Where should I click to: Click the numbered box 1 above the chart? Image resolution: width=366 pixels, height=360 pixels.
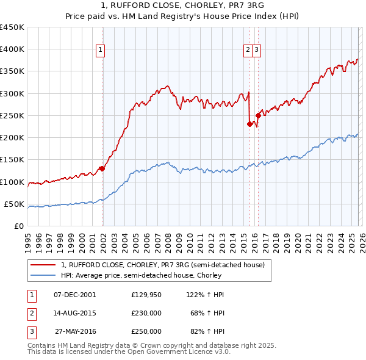coord(100,51)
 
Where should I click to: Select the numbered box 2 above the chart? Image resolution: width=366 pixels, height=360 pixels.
coord(249,51)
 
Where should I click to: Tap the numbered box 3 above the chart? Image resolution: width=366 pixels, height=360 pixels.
coord(257,51)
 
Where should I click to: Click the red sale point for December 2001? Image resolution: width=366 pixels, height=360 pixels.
coord(102,169)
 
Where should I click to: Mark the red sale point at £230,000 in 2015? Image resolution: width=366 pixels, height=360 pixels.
coord(249,124)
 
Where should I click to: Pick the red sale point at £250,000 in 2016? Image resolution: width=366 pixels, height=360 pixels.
coord(258,115)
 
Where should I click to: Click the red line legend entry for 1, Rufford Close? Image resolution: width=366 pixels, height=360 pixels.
coord(162,265)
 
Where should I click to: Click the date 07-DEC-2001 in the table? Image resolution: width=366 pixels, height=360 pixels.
coord(75,295)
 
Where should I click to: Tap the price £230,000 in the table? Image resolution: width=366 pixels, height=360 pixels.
coord(146,313)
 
